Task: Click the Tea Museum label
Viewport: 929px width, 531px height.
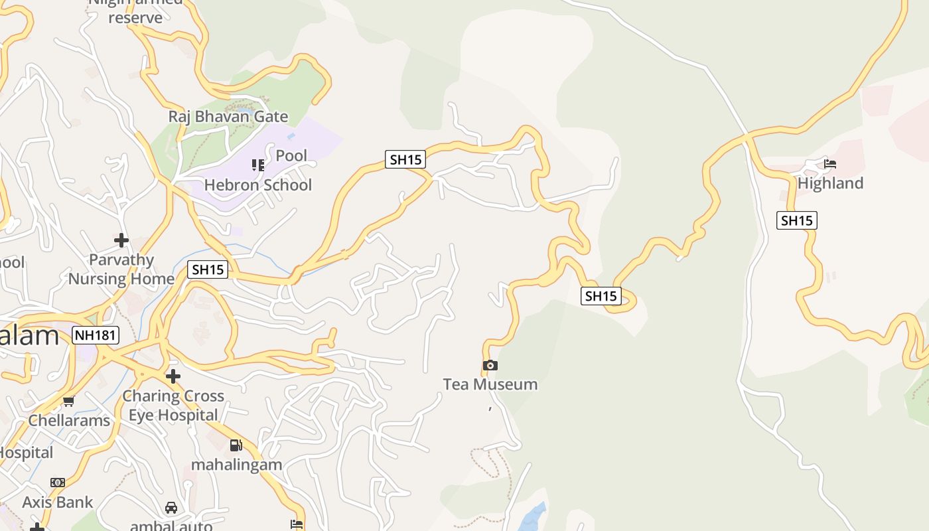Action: point(490,384)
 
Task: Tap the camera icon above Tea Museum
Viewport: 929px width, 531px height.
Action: point(490,365)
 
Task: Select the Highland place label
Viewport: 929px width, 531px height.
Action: point(830,183)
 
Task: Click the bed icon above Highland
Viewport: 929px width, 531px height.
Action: point(830,164)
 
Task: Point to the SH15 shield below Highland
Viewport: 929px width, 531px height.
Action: point(796,220)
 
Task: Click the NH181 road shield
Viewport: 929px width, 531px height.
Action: point(96,335)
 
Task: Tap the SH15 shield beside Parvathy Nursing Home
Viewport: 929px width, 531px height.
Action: point(208,269)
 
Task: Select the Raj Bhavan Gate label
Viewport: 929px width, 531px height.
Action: point(228,117)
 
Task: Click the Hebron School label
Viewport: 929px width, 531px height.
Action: point(257,185)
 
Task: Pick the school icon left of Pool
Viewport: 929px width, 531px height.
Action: point(257,165)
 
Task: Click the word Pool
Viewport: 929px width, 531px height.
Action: point(291,156)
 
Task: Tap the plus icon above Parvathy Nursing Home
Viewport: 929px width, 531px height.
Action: point(121,240)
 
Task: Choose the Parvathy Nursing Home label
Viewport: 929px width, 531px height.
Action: point(121,269)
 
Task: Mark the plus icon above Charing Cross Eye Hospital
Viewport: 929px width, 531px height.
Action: point(173,376)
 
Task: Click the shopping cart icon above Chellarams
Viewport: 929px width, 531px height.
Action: point(68,401)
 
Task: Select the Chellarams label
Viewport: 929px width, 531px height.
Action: point(69,421)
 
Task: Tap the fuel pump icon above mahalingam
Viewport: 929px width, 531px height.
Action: point(236,445)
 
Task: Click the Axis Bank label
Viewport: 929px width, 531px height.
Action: point(58,502)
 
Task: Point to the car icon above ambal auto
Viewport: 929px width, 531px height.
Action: point(171,508)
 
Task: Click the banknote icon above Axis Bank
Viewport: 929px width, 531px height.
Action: point(58,483)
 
